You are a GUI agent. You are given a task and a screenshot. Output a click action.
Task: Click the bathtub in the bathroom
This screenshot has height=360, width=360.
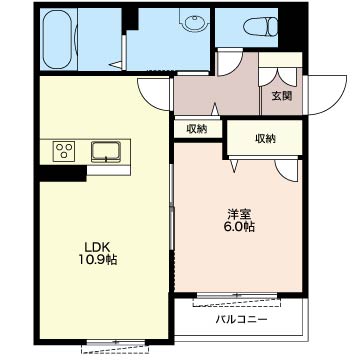click(57, 39)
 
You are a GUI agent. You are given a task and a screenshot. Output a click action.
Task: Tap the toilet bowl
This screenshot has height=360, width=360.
click(260, 26)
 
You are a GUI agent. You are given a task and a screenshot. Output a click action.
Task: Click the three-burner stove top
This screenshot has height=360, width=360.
click(64, 151)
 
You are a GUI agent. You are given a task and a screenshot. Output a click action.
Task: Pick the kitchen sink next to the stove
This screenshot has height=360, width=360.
click(106, 152)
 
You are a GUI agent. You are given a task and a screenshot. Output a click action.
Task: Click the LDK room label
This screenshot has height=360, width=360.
click(97, 247)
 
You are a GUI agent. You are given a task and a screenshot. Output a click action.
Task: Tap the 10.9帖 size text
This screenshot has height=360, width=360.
click(98, 260)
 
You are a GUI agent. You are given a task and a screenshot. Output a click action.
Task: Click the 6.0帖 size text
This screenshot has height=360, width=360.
click(239, 227)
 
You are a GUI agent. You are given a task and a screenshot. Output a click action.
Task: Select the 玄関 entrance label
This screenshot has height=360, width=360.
click(282, 96)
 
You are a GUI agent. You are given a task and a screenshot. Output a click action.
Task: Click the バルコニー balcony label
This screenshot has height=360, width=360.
click(241, 320)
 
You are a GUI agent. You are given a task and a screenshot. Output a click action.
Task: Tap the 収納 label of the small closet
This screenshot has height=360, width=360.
click(197, 129)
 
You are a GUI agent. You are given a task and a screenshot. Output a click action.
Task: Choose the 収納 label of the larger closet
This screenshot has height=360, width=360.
click(266, 138)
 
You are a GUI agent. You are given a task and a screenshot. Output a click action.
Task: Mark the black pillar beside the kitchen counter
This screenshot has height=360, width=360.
click(63, 173)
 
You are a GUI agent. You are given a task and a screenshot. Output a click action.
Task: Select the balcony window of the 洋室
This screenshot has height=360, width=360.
click(237, 295)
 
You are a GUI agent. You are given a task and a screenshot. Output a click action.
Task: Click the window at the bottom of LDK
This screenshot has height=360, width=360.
click(116, 342)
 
